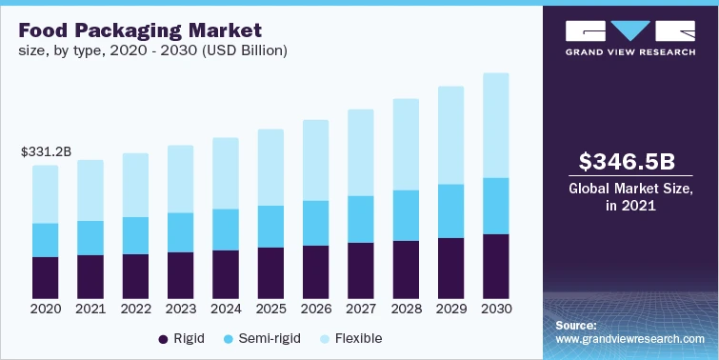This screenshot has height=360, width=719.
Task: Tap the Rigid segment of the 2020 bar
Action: tap(46, 277)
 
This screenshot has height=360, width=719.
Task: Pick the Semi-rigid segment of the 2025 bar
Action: tap(270, 227)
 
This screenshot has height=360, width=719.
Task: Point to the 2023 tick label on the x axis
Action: tap(180, 310)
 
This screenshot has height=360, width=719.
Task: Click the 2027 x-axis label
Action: tap(360, 310)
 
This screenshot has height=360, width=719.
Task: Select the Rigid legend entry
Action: tap(184, 338)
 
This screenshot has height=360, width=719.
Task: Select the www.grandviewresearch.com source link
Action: tap(630, 338)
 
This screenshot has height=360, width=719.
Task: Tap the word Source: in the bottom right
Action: tap(576, 326)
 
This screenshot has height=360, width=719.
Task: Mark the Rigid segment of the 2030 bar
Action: tap(495, 266)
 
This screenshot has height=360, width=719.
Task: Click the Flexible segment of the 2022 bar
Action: tap(135, 185)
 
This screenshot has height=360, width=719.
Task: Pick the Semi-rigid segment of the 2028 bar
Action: tap(406, 215)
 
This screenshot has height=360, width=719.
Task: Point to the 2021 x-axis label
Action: tap(90, 310)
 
